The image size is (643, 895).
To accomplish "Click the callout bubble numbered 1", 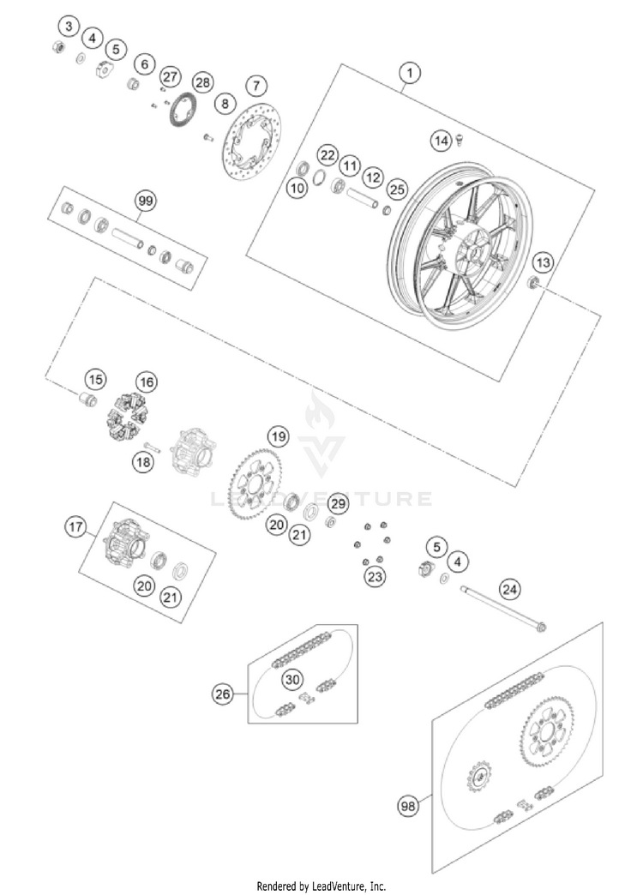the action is [x=412, y=74].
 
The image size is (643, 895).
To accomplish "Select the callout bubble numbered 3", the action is [x=69, y=25].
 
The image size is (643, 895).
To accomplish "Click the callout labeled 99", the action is [x=145, y=201].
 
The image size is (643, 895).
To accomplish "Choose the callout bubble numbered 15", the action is [x=94, y=379].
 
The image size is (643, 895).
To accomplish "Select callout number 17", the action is [x=75, y=527].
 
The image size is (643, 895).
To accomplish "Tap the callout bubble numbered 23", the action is [x=374, y=576].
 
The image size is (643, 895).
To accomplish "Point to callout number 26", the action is [x=223, y=694].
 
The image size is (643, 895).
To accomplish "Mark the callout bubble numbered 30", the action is [x=293, y=680].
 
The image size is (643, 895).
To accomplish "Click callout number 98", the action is [x=409, y=806].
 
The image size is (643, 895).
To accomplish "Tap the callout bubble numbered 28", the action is [x=201, y=82].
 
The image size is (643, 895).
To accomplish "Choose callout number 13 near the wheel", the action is [x=543, y=261].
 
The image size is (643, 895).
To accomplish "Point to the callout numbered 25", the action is [x=395, y=188].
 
